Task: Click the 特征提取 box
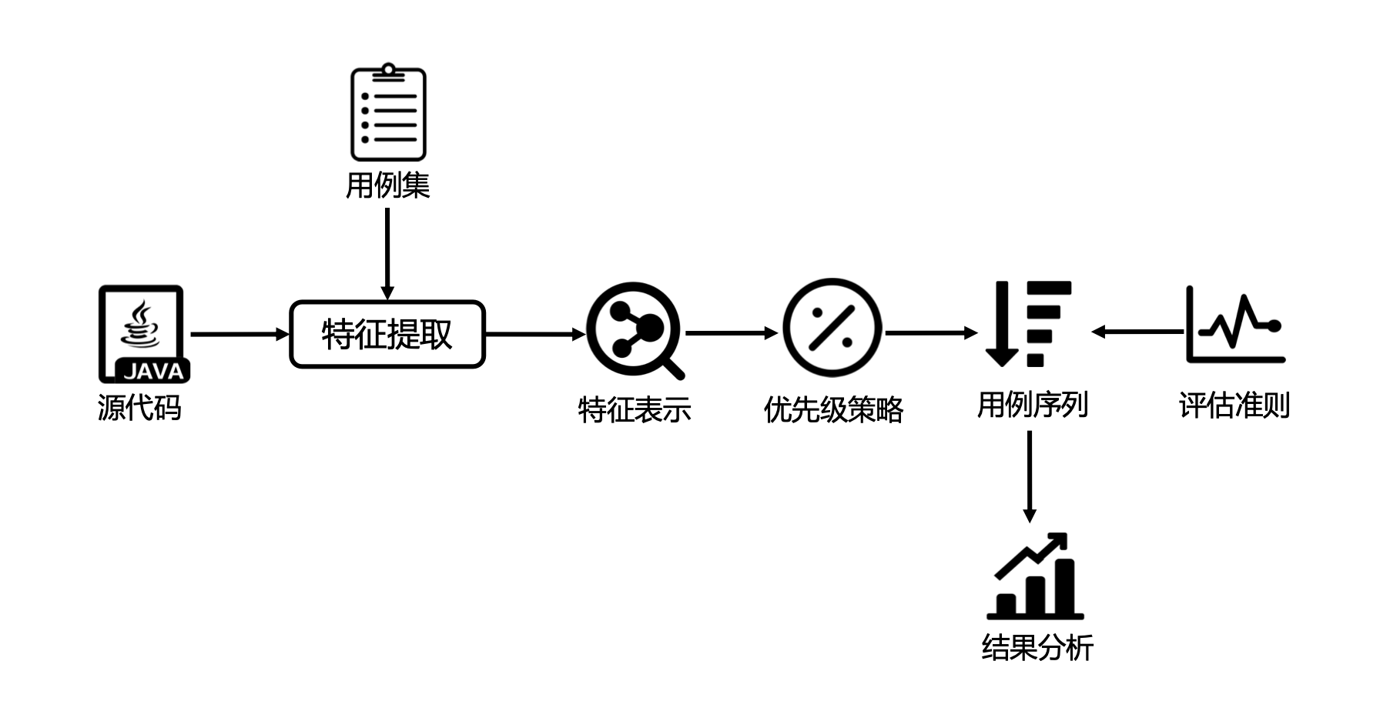(x=387, y=334)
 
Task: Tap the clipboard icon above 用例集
(x=388, y=113)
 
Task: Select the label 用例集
(x=387, y=185)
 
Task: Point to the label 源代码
(x=139, y=407)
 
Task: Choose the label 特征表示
(x=635, y=409)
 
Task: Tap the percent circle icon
(x=832, y=328)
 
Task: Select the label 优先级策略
(x=833, y=409)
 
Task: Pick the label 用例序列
(x=1032, y=405)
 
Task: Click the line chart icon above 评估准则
(x=1234, y=325)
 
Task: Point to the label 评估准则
(x=1234, y=406)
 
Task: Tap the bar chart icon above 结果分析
(x=1034, y=577)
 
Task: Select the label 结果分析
(x=1037, y=648)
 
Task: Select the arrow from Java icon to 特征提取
(x=239, y=334)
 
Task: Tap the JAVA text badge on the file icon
(x=153, y=372)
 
